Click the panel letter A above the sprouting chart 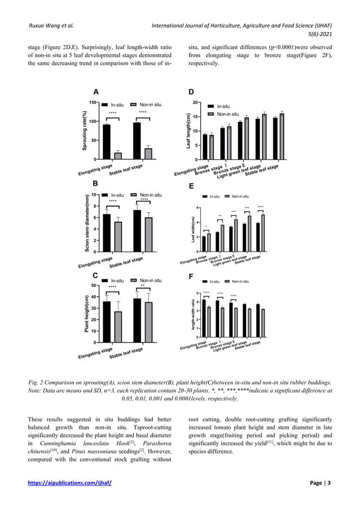click(96, 92)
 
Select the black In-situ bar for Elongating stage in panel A click(107, 142)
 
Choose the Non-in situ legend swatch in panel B click(134, 196)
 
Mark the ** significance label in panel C click(143, 286)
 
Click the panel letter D click(192, 92)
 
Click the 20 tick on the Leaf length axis click(195, 103)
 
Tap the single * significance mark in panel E click(207, 227)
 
